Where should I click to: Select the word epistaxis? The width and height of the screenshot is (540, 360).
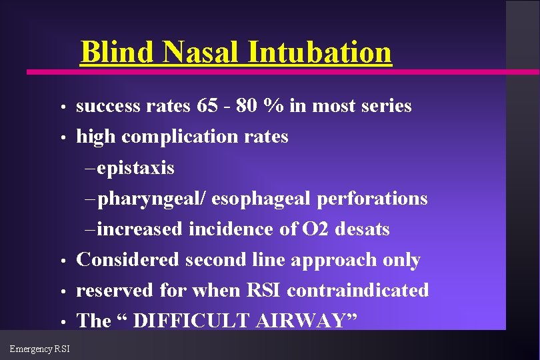pyautogui.click(x=135, y=167)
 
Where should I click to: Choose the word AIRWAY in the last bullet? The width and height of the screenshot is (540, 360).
pyautogui.click(x=303, y=321)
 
